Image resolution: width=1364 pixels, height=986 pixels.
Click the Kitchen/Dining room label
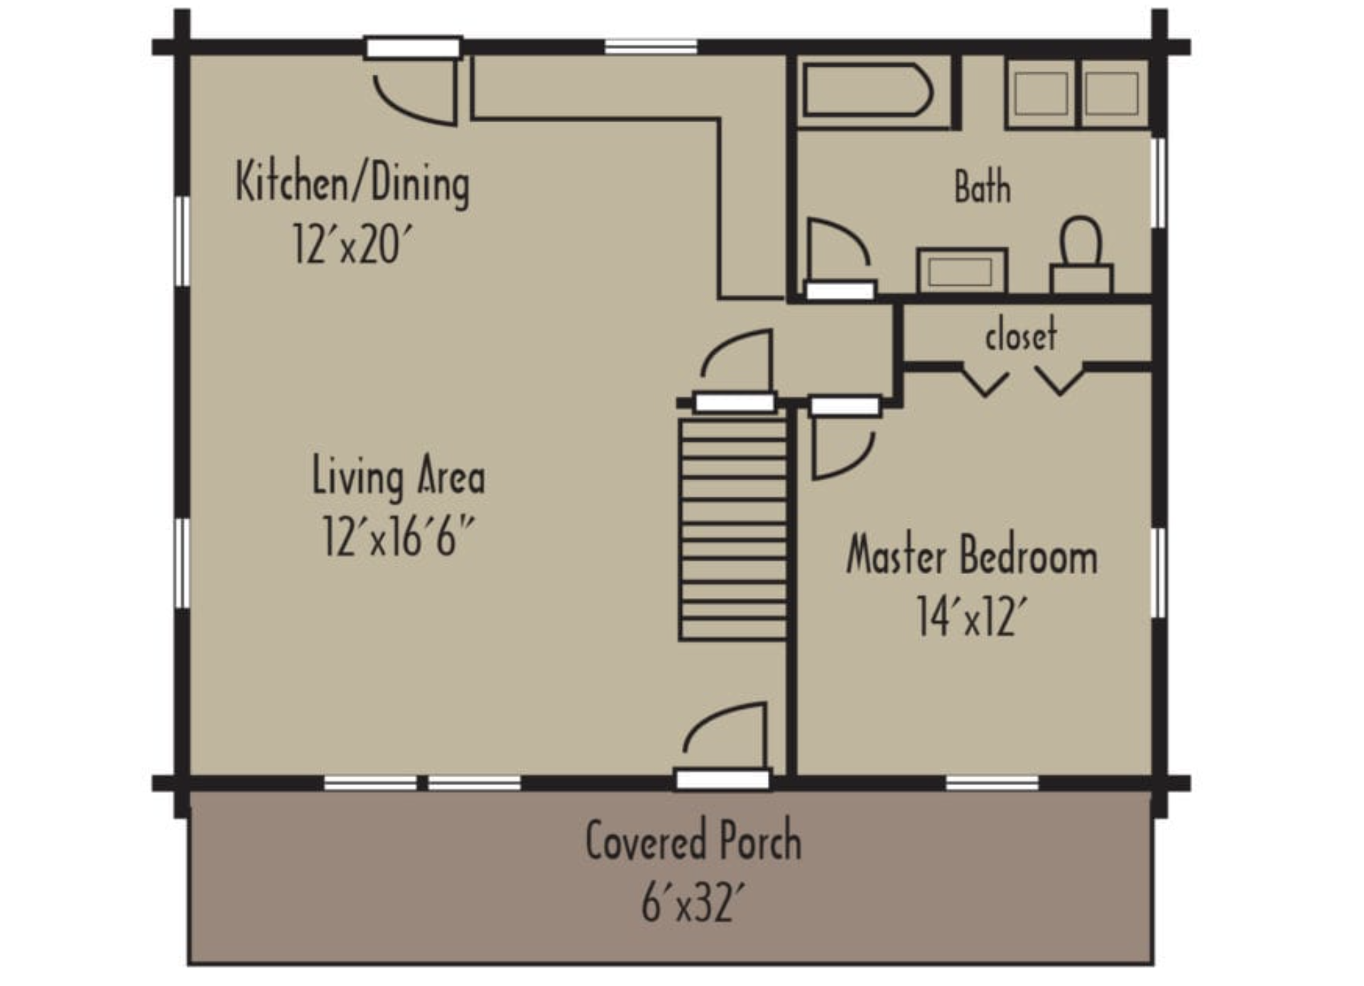pyautogui.click(x=352, y=183)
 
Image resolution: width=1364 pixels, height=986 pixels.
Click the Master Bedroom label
pyautogui.click(x=972, y=555)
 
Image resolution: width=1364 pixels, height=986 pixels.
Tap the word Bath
pyautogui.click(x=982, y=187)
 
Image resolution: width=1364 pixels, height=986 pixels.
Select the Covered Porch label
pyautogui.click(x=693, y=840)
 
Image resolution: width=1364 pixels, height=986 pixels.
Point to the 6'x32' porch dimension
pyautogui.click(x=693, y=902)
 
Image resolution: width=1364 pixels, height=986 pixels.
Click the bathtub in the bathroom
pyautogui.click(x=867, y=90)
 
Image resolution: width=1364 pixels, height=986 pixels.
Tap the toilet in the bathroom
pyautogui.click(x=1081, y=254)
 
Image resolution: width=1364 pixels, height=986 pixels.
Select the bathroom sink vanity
pyautogui.click(x=962, y=270)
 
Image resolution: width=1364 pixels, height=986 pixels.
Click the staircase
pyautogui.click(x=734, y=529)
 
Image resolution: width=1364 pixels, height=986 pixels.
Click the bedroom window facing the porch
pyautogui.click(x=992, y=783)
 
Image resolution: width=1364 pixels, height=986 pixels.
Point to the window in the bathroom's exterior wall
pyautogui.click(x=1158, y=183)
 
